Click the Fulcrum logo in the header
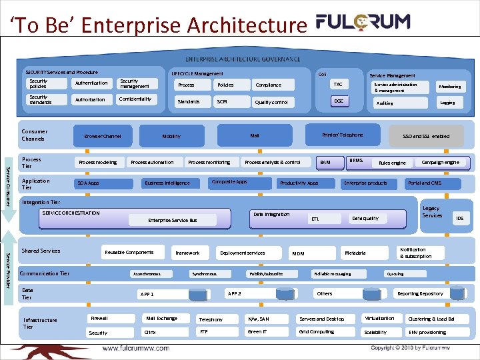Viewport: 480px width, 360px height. (x=363, y=22)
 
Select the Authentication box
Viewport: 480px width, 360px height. (x=91, y=83)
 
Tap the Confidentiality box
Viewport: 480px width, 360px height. (x=135, y=99)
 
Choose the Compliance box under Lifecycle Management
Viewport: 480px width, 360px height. (x=268, y=85)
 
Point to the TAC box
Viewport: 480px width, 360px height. (x=338, y=85)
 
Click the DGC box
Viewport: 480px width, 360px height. (x=339, y=101)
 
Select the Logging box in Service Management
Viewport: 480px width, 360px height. (x=447, y=103)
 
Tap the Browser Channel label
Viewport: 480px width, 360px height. (x=103, y=136)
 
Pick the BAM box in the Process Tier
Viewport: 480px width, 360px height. (x=325, y=162)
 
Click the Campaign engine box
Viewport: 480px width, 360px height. (x=440, y=162)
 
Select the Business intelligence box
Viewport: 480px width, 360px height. (x=167, y=183)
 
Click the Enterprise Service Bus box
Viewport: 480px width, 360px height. (x=172, y=220)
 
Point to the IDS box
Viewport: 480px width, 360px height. (x=459, y=218)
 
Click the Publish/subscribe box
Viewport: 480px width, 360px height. (x=265, y=274)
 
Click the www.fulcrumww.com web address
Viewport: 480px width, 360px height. (x=136, y=349)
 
